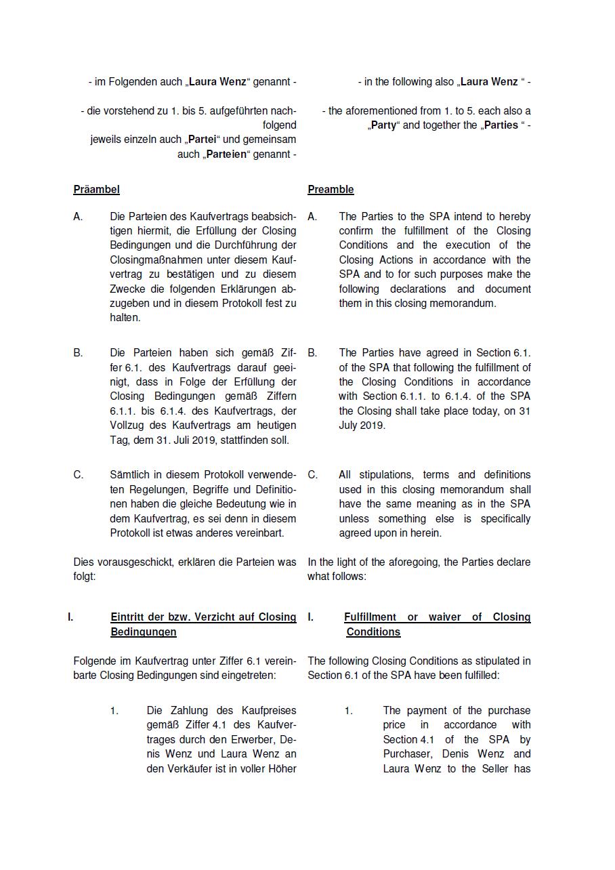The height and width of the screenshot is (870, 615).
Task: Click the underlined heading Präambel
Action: tap(96, 190)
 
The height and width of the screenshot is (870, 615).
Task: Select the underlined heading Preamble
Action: tap(331, 190)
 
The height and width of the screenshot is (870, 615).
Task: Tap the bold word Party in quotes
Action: tap(383, 125)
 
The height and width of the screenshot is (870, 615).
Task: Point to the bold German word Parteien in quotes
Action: tap(226, 154)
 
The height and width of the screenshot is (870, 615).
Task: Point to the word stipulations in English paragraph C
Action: tap(391, 475)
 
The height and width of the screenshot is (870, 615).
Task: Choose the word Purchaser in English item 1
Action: tap(409, 754)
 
